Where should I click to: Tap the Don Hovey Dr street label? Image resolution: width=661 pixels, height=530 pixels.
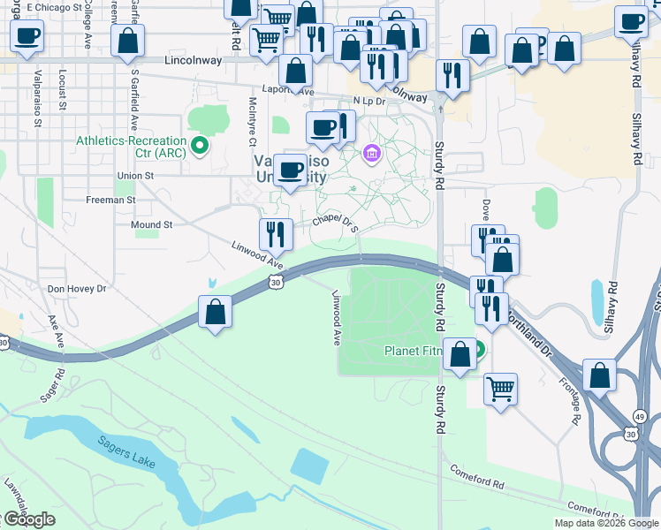tap(77, 289)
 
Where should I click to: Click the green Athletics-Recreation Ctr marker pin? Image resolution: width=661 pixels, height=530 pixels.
tap(201, 145)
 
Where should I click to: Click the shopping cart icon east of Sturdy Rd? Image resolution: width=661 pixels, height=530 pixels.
tap(501, 388)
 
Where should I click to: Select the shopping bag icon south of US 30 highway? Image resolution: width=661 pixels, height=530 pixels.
tap(216, 312)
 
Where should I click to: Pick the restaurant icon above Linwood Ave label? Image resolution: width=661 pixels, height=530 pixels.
tap(276, 234)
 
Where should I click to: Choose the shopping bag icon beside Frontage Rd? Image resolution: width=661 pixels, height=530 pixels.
tap(600, 375)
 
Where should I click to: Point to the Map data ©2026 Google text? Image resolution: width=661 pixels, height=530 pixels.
tap(605, 523)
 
